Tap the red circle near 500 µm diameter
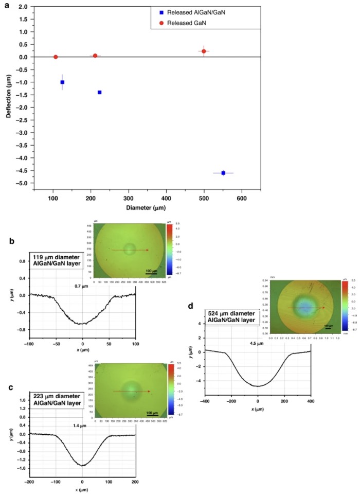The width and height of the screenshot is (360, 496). click(x=204, y=51)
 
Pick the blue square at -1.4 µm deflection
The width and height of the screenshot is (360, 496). click(x=99, y=92)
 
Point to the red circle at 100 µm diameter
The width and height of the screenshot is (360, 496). click(x=56, y=57)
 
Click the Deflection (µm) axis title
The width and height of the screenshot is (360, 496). click(x=9, y=98)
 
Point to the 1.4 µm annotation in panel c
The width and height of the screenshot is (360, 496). click(x=81, y=423)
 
